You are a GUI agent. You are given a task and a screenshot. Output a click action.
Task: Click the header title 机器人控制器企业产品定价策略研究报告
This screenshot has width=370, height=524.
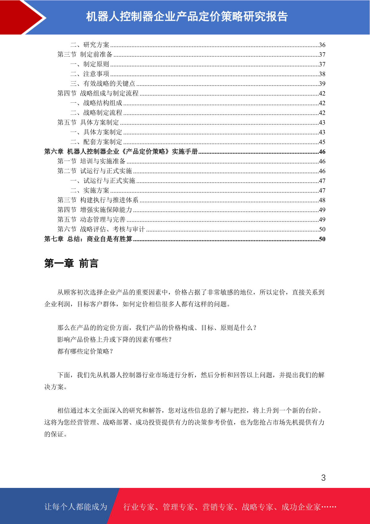point(187,16)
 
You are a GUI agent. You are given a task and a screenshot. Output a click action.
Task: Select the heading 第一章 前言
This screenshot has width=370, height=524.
point(71,263)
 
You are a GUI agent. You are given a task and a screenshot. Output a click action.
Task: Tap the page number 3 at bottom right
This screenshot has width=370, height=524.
point(323,478)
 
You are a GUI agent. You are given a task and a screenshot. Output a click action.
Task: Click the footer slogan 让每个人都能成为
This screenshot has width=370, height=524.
point(76,507)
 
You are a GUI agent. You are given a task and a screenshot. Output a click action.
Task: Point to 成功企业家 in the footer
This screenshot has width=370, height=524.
point(301,507)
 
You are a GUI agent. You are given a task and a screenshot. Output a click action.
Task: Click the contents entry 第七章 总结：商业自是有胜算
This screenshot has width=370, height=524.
point(88,239)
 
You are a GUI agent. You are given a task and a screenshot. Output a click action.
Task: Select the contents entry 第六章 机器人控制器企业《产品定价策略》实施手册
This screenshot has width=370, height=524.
point(121,152)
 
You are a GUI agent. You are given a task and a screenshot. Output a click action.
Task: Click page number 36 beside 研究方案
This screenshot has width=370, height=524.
point(322,45)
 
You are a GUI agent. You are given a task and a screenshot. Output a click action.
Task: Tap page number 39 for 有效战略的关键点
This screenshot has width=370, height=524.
point(322,84)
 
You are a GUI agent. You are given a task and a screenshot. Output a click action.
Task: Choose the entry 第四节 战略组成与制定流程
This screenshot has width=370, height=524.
point(98,93)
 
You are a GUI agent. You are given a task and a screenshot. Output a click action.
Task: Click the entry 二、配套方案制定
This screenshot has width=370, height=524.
point(96,142)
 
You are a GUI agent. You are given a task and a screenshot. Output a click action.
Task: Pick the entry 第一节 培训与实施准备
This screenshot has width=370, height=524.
point(91,161)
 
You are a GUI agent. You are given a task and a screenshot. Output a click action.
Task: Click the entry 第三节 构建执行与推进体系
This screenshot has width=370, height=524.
point(98,200)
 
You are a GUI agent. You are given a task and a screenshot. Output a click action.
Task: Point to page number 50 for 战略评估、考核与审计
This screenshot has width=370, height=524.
point(322,229)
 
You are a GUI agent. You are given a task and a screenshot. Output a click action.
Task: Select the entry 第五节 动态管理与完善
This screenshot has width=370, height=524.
point(91,219)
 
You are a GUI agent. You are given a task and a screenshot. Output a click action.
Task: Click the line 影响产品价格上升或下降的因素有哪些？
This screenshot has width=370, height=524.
point(115,339)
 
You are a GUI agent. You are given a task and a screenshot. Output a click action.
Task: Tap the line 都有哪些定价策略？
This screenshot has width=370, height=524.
point(85,351)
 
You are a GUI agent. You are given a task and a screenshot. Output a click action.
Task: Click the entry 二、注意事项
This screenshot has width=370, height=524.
point(90,74)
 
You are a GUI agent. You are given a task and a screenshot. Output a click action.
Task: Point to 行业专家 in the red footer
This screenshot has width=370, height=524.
point(139,507)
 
